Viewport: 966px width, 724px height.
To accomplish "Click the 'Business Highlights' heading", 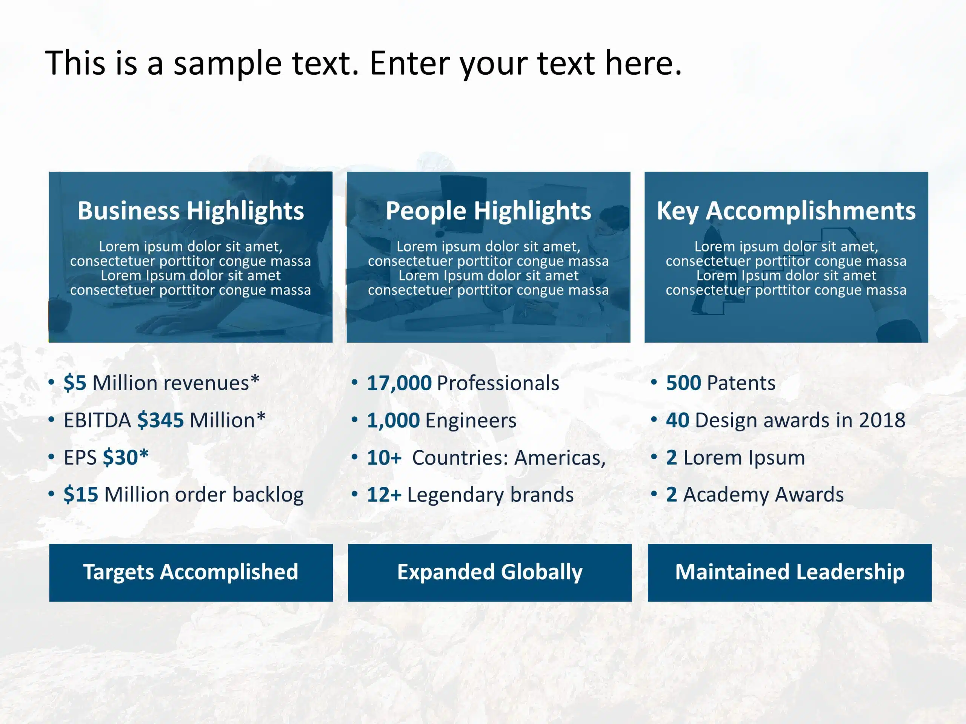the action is tap(191, 212).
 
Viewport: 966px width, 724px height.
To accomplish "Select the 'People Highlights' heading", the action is tap(488, 212).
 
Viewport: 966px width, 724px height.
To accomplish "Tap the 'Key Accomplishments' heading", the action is tap(786, 212).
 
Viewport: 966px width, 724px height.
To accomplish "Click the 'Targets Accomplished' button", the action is tap(191, 572).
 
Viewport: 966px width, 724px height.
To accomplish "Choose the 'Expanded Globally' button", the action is tap(489, 572).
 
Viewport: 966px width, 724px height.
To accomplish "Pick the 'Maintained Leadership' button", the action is tap(789, 572).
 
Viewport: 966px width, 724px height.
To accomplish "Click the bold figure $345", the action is tap(161, 420).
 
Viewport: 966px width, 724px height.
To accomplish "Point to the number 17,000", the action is tap(399, 383).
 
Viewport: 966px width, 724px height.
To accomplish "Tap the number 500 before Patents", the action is tap(683, 383).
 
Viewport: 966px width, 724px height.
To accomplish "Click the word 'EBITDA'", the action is tap(97, 420).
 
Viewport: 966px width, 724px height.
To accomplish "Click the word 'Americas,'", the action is tap(560, 458).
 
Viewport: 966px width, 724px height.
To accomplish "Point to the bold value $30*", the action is tap(126, 457).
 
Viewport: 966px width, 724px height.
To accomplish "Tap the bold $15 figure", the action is tap(81, 494).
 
